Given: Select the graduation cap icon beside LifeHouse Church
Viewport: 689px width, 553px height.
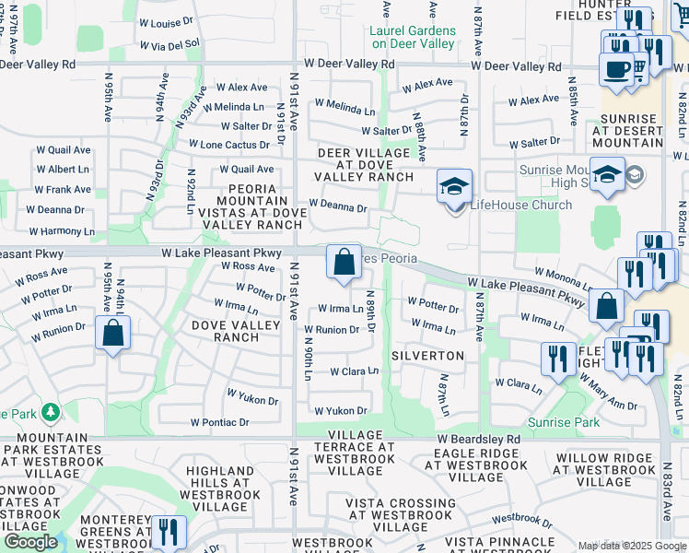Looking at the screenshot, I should point(453,186).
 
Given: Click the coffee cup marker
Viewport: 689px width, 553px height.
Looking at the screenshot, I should point(616,68).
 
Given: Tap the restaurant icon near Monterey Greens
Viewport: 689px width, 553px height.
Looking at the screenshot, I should point(168,532).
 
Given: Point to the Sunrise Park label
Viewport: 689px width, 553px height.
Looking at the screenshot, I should point(569,423).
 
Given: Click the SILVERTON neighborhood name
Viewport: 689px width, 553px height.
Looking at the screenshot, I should point(427,356).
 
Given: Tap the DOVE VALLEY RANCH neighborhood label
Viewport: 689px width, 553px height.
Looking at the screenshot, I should point(225,331).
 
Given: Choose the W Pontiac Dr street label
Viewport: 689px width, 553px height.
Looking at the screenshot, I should point(220,422).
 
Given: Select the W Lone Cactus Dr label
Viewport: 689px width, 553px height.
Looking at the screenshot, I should point(229,145).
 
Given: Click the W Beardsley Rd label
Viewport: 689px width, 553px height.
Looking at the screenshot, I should point(483,439).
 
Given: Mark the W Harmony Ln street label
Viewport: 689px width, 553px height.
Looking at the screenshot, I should point(60,231).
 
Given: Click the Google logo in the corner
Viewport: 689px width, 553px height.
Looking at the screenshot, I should point(30,542).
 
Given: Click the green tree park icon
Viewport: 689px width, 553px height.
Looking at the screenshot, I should point(51,410).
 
